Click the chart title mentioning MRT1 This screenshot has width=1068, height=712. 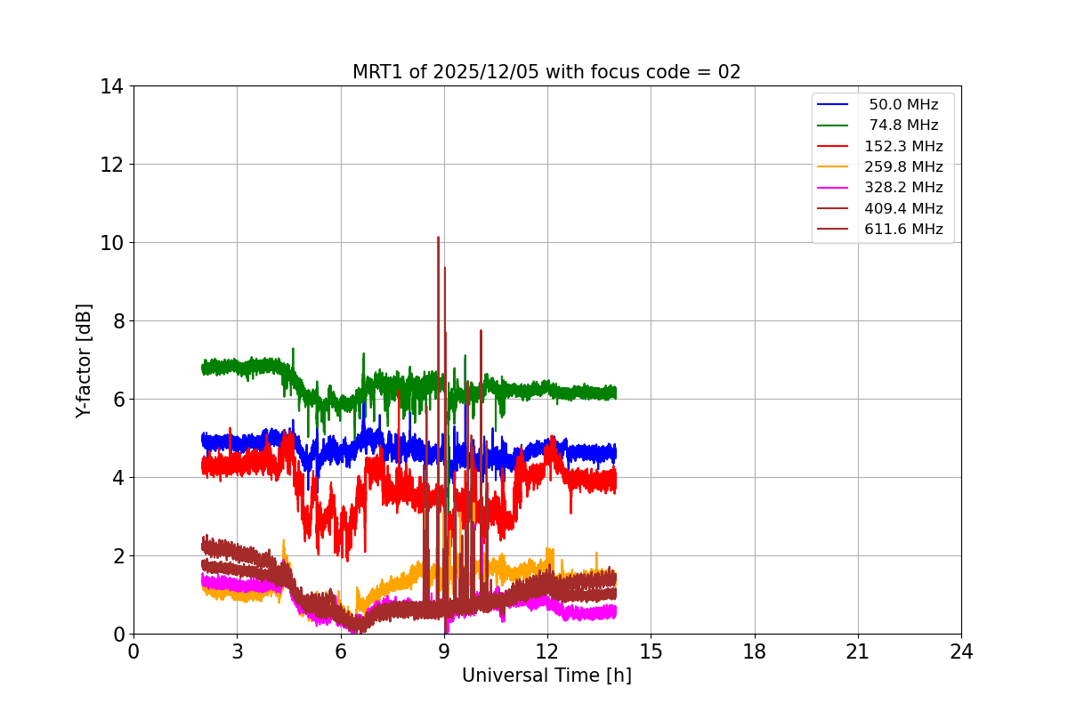pos(546,72)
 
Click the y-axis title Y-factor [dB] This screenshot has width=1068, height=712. pos(84,360)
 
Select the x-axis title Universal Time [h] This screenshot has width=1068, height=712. pos(546,676)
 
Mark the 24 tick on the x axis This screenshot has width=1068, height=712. pos(961,651)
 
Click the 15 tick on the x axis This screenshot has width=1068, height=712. pos(651,651)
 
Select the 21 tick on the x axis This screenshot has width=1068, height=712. pos(858,651)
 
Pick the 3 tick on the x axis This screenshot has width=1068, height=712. pos(237,651)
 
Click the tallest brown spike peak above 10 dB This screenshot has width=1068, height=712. pos(438,238)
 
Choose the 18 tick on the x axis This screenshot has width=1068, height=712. pos(755,651)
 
